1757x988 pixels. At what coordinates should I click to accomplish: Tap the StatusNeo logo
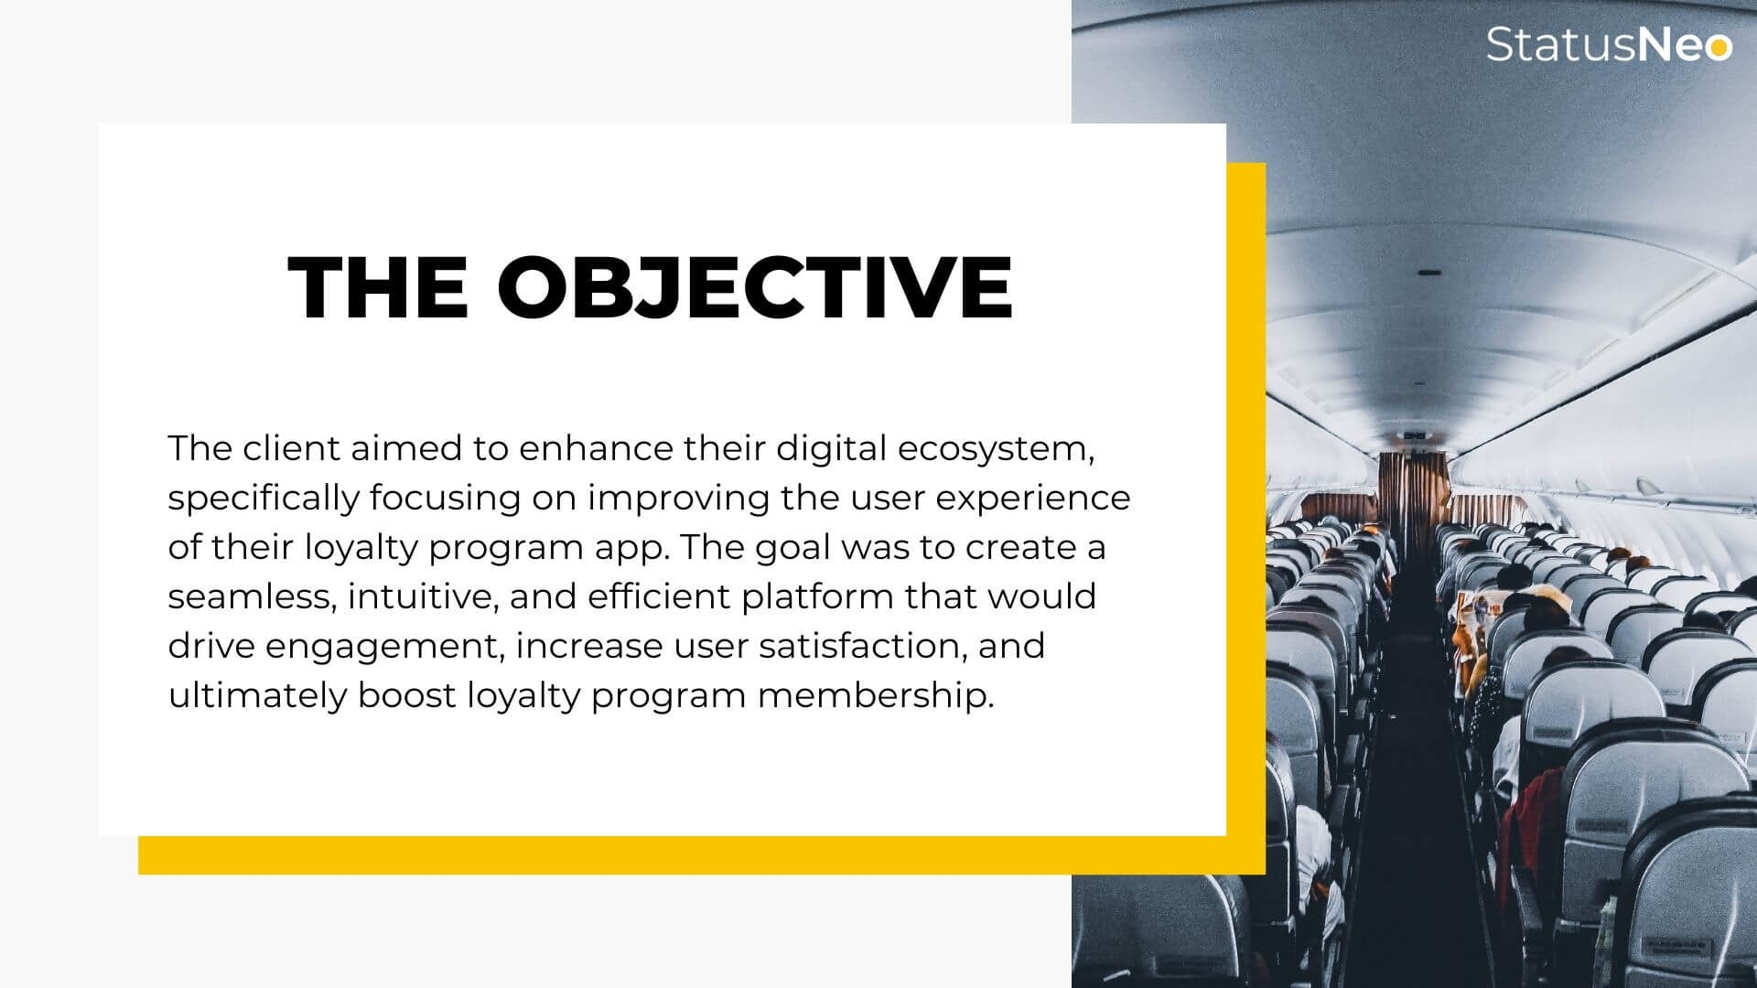(x=1609, y=44)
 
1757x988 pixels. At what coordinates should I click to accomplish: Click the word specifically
(x=264, y=499)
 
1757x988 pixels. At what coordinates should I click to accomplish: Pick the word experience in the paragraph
(x=1033, y=499)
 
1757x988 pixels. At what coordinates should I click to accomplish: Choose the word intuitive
(x=423, y=597)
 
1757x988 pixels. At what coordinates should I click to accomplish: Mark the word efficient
(x=659, y=596)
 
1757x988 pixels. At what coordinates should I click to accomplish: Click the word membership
(x=876, y=696)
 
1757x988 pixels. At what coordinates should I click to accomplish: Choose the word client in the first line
(x=291, y=448)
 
